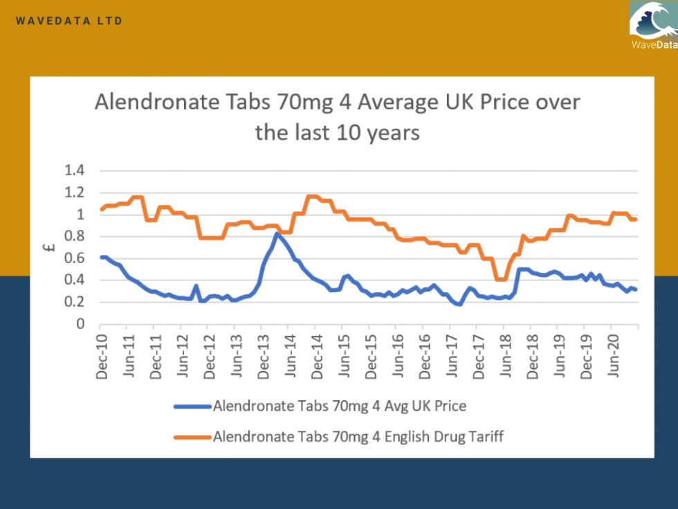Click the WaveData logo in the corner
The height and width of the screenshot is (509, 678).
coord(654,26)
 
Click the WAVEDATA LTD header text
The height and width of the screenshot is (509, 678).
coord(69,21)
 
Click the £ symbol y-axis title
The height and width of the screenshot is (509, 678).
coord(51,247)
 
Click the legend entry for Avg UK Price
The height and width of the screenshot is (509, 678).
coord(339,406)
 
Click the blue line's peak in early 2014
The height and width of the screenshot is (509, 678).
coord(277,233)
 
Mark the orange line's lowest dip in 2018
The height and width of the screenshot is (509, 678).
coord(502,279)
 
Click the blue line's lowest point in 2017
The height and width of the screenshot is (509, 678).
coord(459,304)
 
